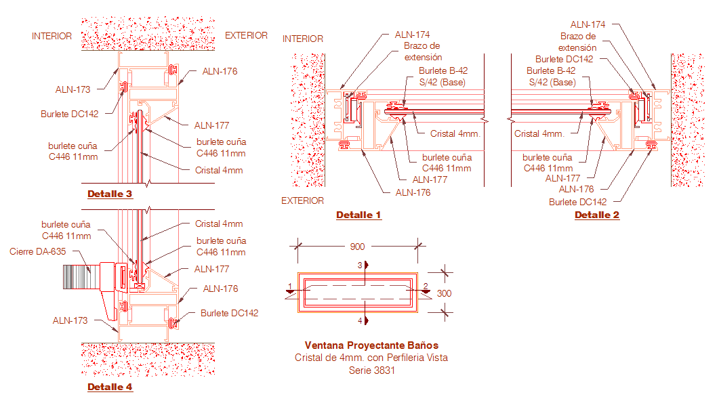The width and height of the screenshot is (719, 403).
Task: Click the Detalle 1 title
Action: (358, 215)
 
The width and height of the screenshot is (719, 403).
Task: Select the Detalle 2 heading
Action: (597, 215)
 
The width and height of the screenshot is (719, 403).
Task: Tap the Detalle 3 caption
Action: (110, 194)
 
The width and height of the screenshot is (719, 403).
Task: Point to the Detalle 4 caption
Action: (110, 387)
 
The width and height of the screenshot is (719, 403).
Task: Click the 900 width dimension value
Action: (358, 247)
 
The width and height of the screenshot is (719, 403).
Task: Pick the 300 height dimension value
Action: (444, 293)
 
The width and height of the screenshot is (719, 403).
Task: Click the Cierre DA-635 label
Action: (37, 251)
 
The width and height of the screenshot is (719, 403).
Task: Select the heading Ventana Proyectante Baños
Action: (371, 345)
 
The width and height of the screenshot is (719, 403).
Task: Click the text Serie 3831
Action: (372, 370)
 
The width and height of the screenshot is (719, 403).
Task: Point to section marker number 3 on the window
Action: (360, 265)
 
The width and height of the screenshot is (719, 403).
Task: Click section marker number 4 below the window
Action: (360, 320)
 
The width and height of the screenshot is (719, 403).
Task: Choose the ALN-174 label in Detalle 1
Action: (412, 35)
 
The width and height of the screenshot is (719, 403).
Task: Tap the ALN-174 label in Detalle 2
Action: (588, 25)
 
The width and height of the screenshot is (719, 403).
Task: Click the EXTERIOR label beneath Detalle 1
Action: (303, 200)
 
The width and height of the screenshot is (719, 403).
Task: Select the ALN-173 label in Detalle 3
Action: (73, 89)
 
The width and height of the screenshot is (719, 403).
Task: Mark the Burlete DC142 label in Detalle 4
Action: (229, 313)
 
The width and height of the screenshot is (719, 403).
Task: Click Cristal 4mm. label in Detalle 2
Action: (539, 134)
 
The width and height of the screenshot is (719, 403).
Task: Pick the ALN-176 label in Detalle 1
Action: (413, 192)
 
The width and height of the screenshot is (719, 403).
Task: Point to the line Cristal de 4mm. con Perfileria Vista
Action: (371, 358)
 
